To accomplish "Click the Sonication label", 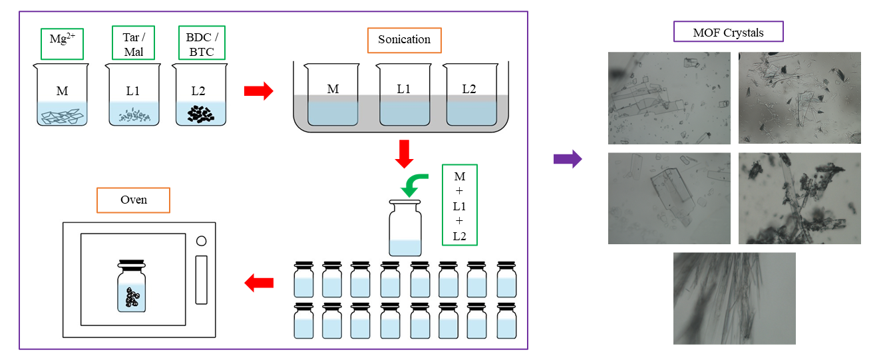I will pos(404,40).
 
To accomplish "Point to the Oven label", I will pos(133,200).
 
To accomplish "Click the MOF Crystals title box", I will pos(729,32).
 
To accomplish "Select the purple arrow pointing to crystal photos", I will pos(568,159).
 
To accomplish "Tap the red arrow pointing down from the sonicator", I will pos(404,153).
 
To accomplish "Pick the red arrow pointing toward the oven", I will pos(259,283).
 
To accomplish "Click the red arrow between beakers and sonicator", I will pos(259,91).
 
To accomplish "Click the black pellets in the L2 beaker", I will pos(199,114).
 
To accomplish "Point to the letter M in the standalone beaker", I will pos(62,91).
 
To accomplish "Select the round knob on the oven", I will pos(201,240).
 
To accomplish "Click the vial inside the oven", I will pos(132,286).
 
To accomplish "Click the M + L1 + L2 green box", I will pos(460,206).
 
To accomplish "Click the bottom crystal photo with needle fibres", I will pos(734,298).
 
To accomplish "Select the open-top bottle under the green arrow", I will pos(405,229).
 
